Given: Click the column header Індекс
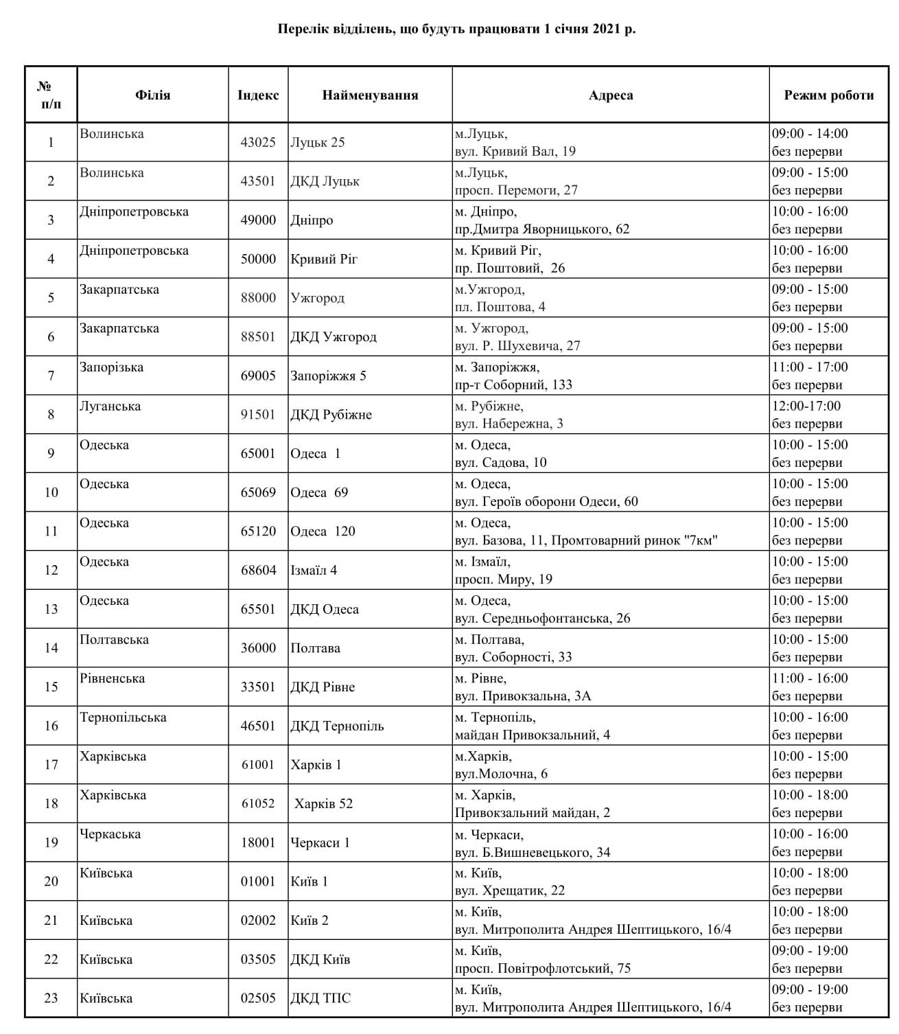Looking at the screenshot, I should [258, 95].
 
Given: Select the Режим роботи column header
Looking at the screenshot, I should [829, 95].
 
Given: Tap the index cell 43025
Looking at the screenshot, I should [258, 142].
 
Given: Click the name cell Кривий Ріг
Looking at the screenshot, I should [324, 259].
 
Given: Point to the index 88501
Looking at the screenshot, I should [258, 336].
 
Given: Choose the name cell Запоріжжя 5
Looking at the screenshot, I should [328, 376].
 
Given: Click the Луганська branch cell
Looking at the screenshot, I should [110, 406].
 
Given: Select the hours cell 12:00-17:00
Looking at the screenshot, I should [806, 406].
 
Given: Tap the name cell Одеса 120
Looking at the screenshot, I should [323, 531].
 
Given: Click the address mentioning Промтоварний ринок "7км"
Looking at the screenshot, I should [586, 540].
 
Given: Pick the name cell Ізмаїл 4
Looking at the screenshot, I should [314, 570].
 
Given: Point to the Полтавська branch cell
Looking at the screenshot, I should [114, 639].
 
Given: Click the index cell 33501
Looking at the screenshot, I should [258, 687].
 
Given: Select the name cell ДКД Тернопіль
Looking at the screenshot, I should [337, 726].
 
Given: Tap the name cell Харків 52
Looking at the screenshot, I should [323, 803].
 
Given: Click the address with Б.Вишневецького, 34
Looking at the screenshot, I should [533, 852].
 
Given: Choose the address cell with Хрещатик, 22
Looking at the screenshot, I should [510, 891].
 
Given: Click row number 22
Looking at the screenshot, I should [51, 959].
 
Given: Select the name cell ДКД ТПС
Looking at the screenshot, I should [320, 998].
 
